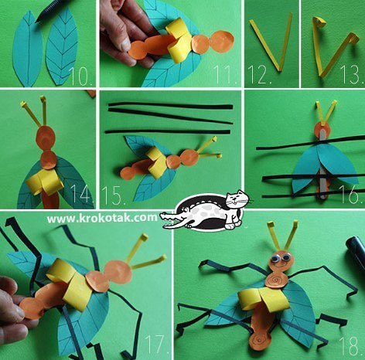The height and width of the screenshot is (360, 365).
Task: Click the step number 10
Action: tap(80, 76)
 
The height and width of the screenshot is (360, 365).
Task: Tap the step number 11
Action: tap(224, 75)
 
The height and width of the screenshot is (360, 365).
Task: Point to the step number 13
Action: tap(352, 75)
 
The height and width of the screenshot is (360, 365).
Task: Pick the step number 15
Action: tap(114, 195)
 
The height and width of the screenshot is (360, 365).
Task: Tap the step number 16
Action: tap(351, 194)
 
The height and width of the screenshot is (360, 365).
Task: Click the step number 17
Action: tap(158, 344)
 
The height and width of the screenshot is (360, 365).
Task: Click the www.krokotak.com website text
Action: tap(102, 219)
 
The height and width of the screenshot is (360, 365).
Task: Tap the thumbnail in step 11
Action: tap(126, 44)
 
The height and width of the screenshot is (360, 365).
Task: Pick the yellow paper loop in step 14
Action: tap(46, 182)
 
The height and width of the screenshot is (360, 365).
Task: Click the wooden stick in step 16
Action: tap(323, 165)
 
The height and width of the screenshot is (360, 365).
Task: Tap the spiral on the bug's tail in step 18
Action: tap(261, 341)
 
